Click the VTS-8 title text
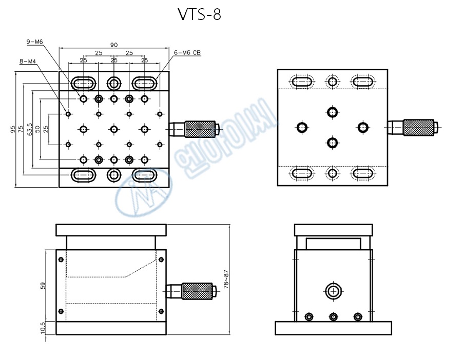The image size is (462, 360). click(x=200, y=14)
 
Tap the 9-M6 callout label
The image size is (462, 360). click(x=35, y=42)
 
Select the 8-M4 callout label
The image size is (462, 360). click(x=28, y=62)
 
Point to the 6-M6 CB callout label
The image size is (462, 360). click(x=187, y=52)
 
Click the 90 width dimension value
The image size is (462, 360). click(x=114, y=45)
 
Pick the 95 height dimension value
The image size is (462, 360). click(x=13, y=130)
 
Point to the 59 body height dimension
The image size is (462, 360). click(x=43, y=286)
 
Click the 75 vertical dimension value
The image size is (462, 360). click(x=21, y=129)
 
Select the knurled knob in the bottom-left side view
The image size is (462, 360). click(x=197, y=291)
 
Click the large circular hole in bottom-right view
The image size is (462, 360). click(x=333, y=291)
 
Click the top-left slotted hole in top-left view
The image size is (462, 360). click(x=83, y=83)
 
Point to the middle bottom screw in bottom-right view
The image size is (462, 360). click(x=333, y=316)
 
